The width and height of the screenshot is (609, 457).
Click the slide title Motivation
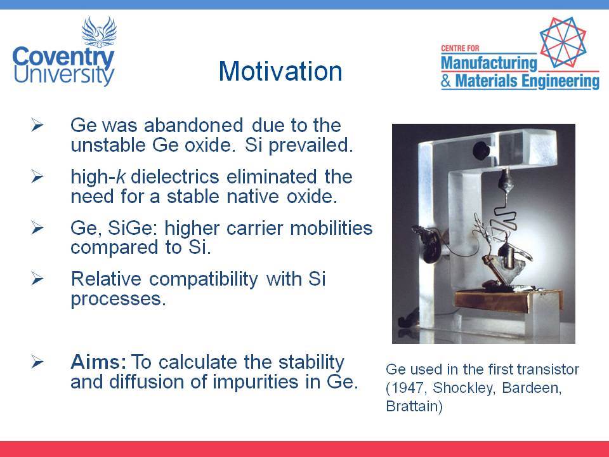280,71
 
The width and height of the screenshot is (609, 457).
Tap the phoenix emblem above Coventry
100,32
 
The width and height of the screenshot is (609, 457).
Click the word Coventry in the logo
63,58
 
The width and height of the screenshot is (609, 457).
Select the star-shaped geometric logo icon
563,42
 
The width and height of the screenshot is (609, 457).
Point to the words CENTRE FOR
460,48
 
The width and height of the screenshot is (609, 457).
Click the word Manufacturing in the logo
489,63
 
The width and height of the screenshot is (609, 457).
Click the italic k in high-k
121,176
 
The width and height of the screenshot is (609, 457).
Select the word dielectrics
175,176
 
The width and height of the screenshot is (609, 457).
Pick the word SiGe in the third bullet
132,228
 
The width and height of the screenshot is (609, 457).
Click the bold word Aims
99,362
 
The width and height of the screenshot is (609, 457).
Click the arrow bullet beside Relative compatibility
37,279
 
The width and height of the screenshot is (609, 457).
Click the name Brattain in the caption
412,406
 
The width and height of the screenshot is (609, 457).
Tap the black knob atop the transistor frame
481,150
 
